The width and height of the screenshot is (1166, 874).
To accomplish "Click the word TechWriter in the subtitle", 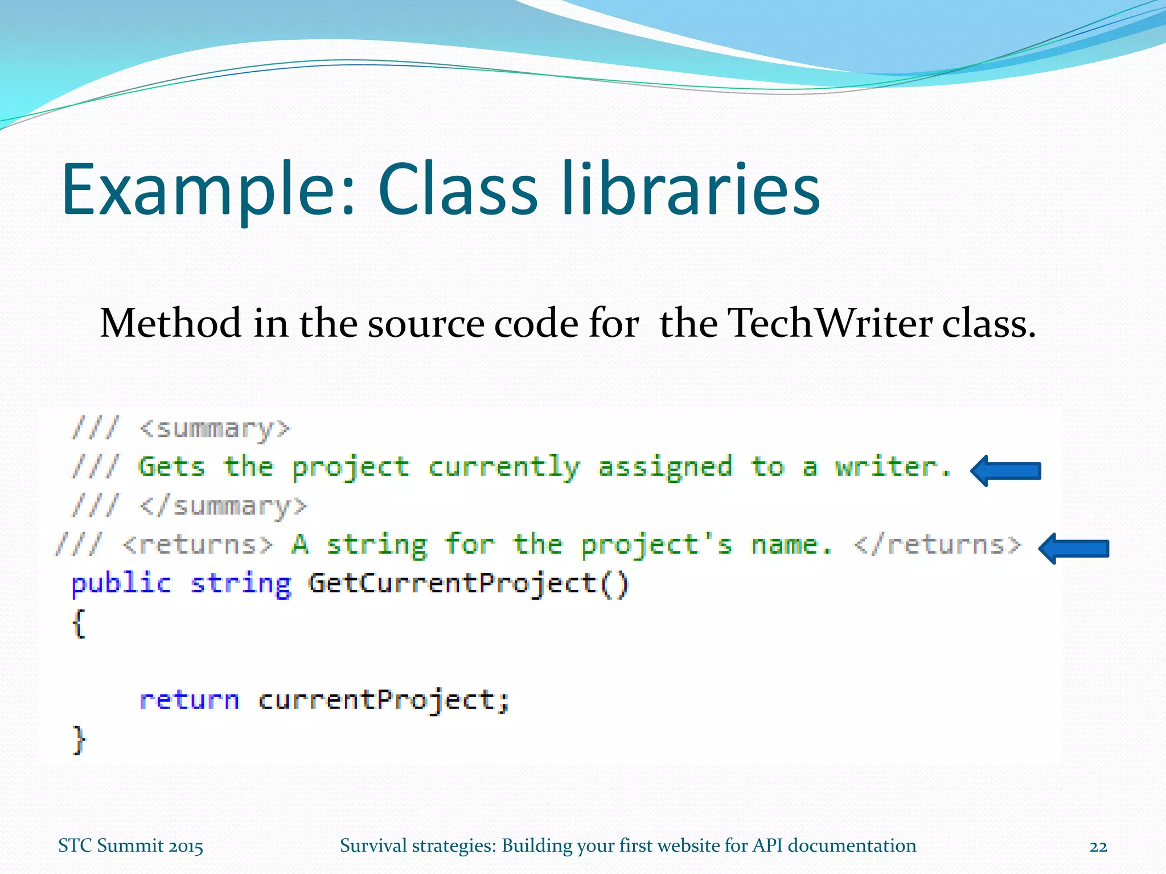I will [x=831, y=323].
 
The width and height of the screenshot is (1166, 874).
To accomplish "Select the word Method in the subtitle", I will [x=170, y=323].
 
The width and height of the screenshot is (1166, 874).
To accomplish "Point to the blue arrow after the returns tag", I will [x=1074, y=549].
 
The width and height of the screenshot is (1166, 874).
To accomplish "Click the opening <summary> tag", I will [x=215, y=428].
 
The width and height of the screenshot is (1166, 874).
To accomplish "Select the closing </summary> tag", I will [x=223, y=506].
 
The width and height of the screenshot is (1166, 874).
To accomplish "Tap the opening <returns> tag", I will [x=198, y=545].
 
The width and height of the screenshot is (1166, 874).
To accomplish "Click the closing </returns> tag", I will [x=937, y=545].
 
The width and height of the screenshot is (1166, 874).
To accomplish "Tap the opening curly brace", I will [x=79, y=624].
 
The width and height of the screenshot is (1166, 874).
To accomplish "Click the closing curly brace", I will [x=79, y=740].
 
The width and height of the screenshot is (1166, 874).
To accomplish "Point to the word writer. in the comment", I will [x=893, y=467].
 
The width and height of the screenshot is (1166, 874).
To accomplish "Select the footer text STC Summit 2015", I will [x=130, y=846].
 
